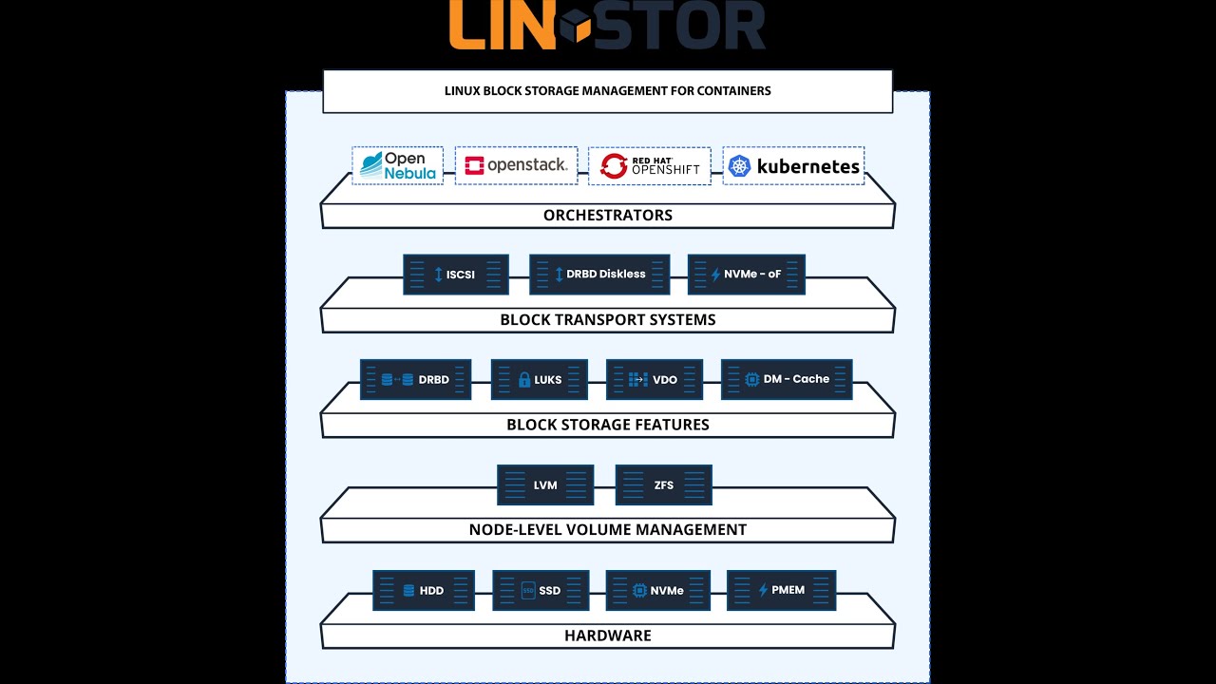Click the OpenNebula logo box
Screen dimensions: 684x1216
point(397,165)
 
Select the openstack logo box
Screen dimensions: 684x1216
point(516,165)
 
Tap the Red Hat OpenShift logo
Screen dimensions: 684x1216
point(650,166)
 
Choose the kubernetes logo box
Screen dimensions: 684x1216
point(793,166)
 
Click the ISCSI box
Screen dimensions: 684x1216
point(456,275)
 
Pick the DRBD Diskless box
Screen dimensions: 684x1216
point(599,275)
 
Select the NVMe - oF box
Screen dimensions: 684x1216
point(746,275)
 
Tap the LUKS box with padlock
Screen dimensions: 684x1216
point(539,380)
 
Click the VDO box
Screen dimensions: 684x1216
point(654,380)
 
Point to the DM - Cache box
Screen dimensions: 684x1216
point(787,379)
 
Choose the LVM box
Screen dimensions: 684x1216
point(545,485)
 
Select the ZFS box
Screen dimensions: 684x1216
point(663,485)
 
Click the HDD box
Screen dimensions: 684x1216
point(424,591)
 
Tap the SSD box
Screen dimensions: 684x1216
point(541,591)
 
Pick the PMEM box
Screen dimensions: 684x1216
point(781,590)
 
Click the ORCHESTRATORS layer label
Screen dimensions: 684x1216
point(608,216)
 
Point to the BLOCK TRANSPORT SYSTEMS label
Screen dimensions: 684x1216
point(608,320)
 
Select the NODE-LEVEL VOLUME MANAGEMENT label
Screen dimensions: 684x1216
point(608,530)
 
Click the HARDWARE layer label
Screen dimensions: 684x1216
point(608,636)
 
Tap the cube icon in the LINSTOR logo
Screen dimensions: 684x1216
point(575,26)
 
